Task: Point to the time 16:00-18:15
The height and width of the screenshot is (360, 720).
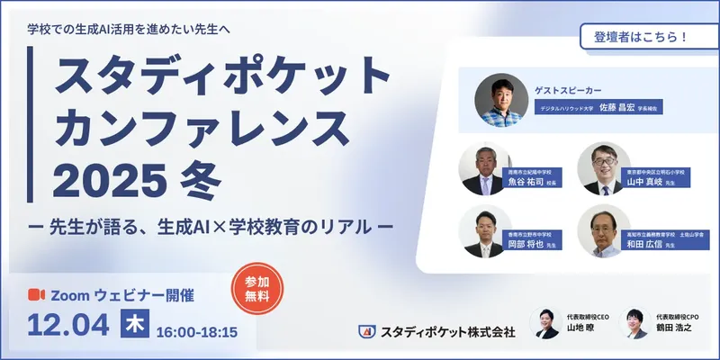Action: pyautogui.click(x=196, y=332)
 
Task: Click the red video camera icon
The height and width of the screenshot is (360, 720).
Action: pyautogui.click(x=37, y=295)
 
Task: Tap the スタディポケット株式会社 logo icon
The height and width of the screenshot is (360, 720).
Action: pyautogui.click(x=365, y=332)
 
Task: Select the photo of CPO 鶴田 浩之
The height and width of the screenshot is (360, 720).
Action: pyautogui.click(x=635, y=323)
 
